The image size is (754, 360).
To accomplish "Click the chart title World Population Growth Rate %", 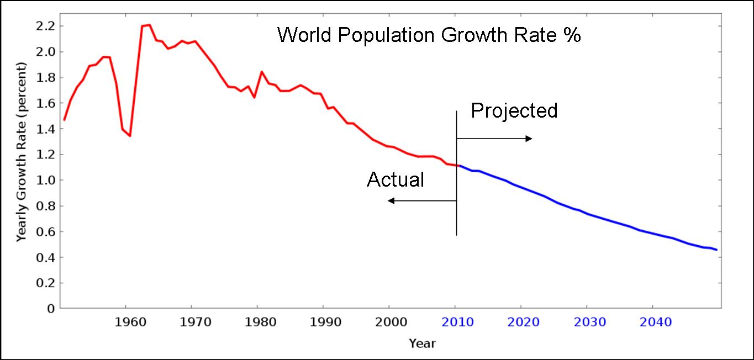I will coord(429,35).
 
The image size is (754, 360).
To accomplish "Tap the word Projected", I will coord(514,111).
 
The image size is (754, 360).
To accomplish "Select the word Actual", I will coord(396,179).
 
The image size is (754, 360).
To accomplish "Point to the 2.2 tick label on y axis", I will coord(46,26).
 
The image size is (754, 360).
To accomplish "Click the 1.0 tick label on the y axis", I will coord(46,181).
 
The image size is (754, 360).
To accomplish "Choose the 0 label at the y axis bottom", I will coord(51,309).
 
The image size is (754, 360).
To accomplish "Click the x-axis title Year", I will coord(422,343).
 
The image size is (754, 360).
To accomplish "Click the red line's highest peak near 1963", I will coord(149,25).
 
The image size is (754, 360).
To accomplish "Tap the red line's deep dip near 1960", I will coord(130,136).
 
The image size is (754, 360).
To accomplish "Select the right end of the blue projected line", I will coord(716,250).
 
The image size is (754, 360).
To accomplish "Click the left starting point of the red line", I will coord(64,120).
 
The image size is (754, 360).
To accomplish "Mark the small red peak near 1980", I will coord(261,72).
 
